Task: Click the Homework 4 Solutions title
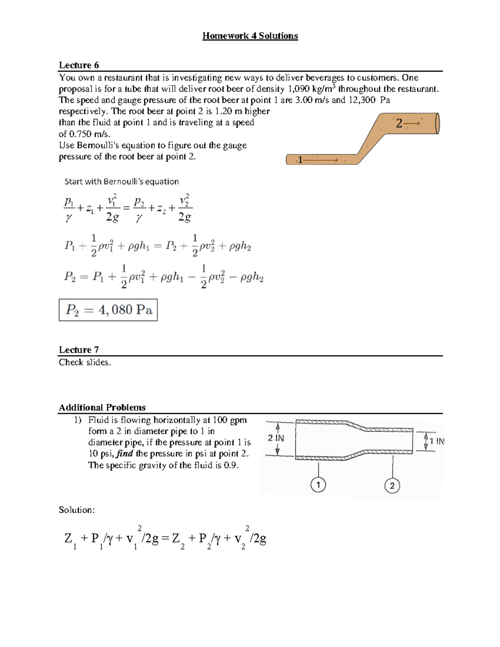pos(250,36)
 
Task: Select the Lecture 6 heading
pos(79,65)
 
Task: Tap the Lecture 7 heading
pos(79,350)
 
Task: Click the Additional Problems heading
pos(102,407)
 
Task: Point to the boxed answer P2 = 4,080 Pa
pos(108,310)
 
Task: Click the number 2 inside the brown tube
pos(399,123)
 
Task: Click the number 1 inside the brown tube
pos(300,160)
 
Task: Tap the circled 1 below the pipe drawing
pos(318,485)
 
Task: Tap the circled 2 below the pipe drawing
pos(392,486)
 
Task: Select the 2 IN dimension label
pos(276,438)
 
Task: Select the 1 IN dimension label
pos(437,441)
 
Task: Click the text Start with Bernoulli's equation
pos(121,182)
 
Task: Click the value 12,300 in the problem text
pos(361,100)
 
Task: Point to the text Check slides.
pos(85,362)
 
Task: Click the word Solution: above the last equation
pos(77,510)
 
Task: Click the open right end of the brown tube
pos(437,123)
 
